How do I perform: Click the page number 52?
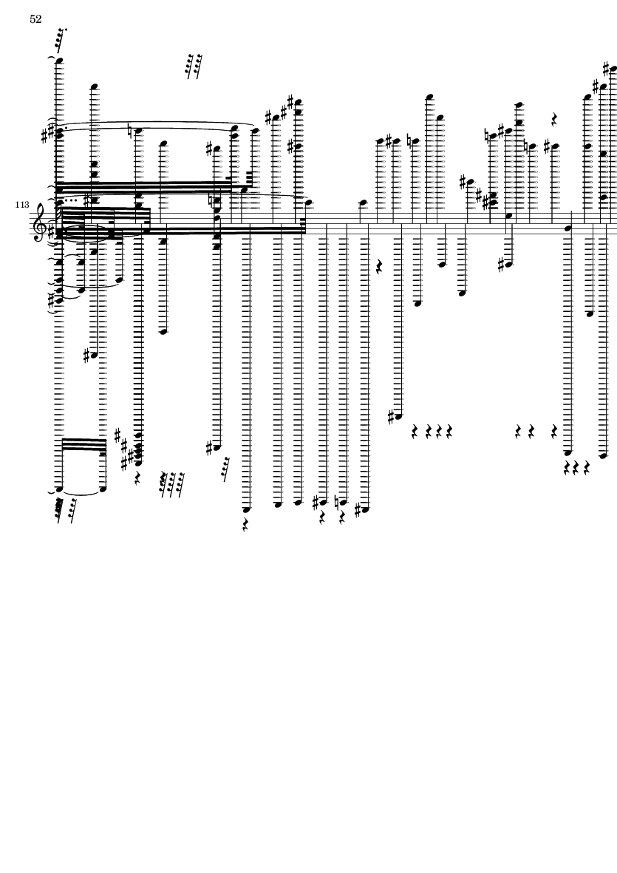tap(35, 19)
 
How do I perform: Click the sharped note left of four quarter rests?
tap(396, 418)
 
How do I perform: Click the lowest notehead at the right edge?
tap(603, 456)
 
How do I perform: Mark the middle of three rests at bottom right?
tap(576, 468)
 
